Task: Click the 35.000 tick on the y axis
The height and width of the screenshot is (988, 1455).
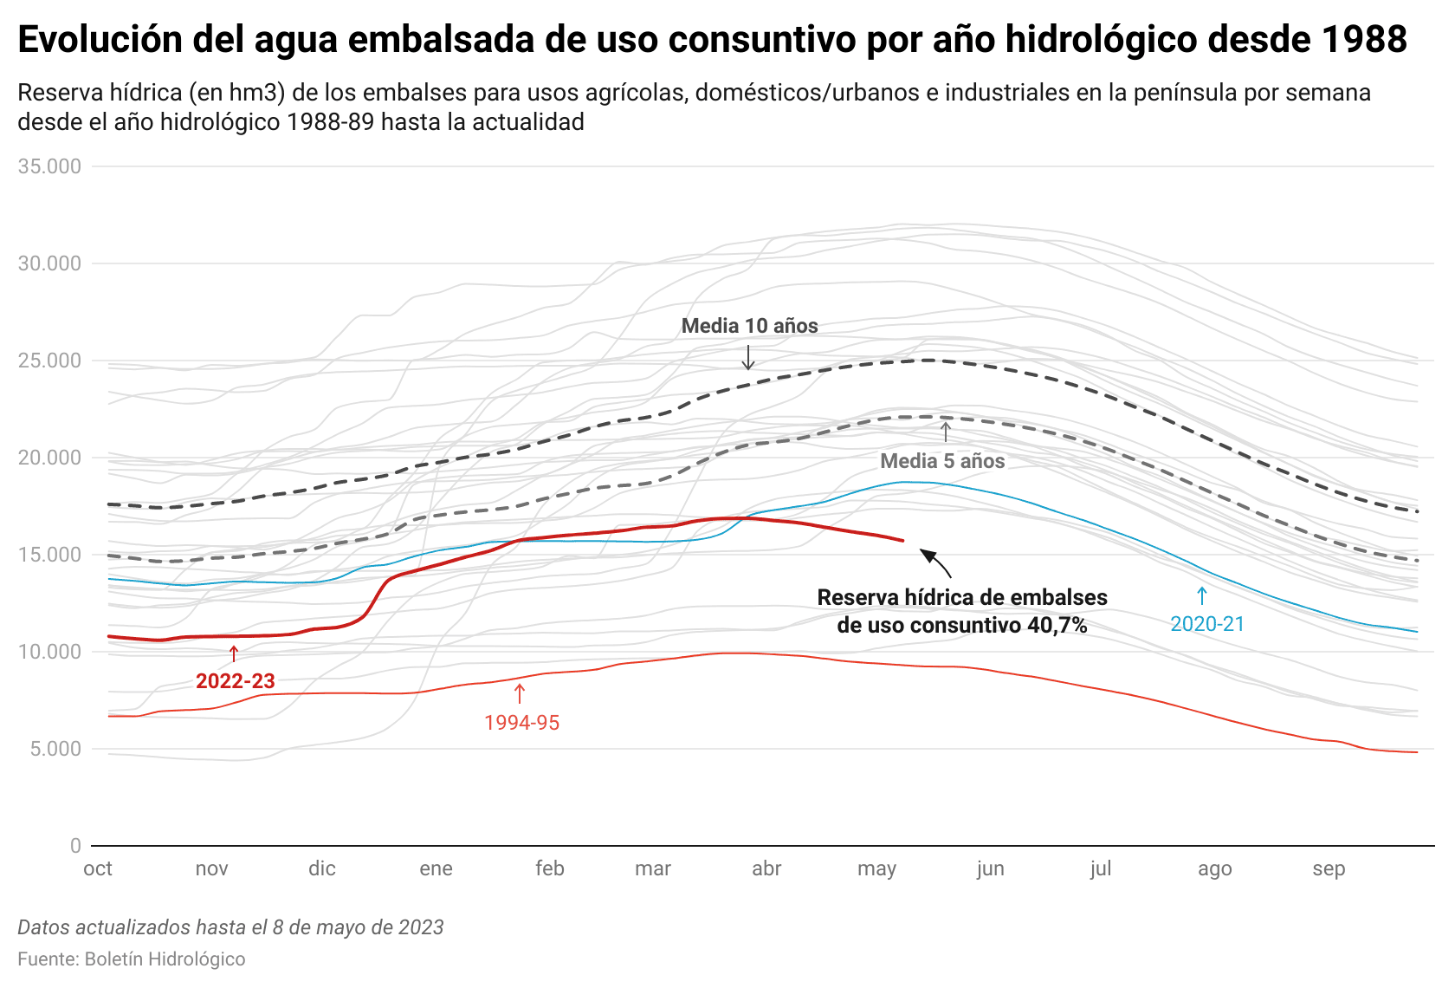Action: (x=49, y=166)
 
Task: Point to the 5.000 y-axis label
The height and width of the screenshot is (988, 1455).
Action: (x=55, y=749)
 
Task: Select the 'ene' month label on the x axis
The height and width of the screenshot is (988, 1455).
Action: (x=436, y=868)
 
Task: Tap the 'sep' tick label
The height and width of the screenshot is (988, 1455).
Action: (x=1329, y=868)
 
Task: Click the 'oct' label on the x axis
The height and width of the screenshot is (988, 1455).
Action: (x=98, y=868)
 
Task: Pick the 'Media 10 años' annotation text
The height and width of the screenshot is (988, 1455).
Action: (x=749, y=326)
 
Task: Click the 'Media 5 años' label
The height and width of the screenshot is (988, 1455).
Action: (x=942, y=461)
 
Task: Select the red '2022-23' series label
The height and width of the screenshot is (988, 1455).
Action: (x=236, y=681)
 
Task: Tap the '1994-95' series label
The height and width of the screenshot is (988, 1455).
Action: (x=521, y=723)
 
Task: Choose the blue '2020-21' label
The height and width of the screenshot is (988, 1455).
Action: (x=1206, y=624)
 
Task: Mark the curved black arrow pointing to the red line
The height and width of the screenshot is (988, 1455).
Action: (x=935, y=562)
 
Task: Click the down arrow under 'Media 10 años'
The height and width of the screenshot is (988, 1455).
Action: (x=748, y=357)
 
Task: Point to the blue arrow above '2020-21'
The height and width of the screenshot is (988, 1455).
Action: (x=1202, y=595)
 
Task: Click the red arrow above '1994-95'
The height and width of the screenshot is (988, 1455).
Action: (x=520, y=693)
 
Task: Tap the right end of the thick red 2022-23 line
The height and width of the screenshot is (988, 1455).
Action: (x=902, y=541)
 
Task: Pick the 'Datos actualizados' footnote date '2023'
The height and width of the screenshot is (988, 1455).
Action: (x=421, y=927)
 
